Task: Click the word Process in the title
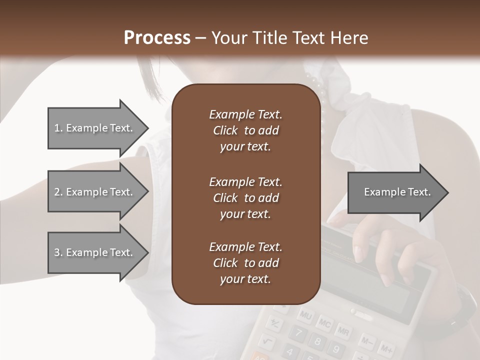point(157,37)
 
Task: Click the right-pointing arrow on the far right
point(397,192)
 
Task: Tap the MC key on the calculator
point(324,323)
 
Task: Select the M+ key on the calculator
point(386,347)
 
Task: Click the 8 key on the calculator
point(317,341)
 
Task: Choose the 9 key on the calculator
point(335,349)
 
